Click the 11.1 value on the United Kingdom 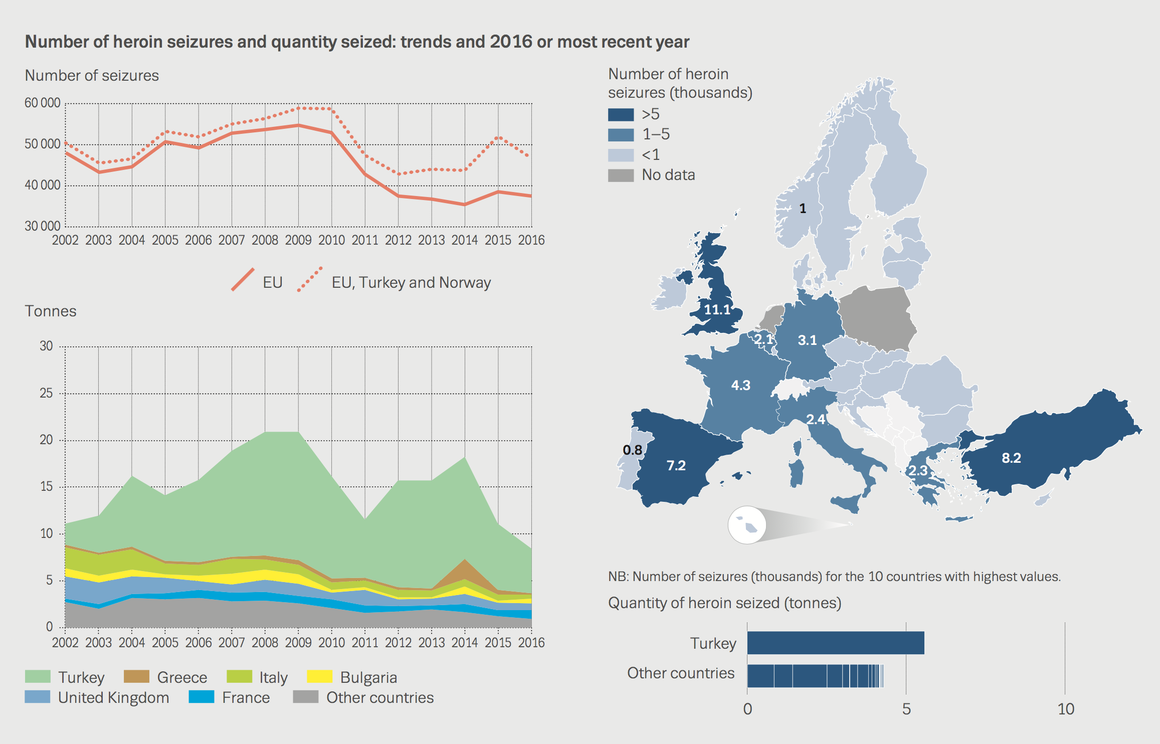(717, 309)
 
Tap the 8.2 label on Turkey (1011, 458)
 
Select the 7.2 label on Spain (676, 465)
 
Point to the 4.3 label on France (740, 385)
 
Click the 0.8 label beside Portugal (632, 450)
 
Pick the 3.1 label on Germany (807, 340)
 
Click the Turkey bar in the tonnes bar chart (835, 643)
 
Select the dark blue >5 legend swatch (621, 114)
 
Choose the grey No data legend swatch (621, 175)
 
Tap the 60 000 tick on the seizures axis (43, 103)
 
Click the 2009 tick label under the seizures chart (298, 240)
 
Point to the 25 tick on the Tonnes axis (46, 393)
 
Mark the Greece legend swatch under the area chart (136, 677)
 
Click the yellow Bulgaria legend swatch (319, 677)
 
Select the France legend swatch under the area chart (202, 697)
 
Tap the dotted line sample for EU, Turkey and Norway (310, 279)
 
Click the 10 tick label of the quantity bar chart (1066, 709)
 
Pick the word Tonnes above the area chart (51, 311)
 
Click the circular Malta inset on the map (747, 525)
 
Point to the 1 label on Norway (803, 208)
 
